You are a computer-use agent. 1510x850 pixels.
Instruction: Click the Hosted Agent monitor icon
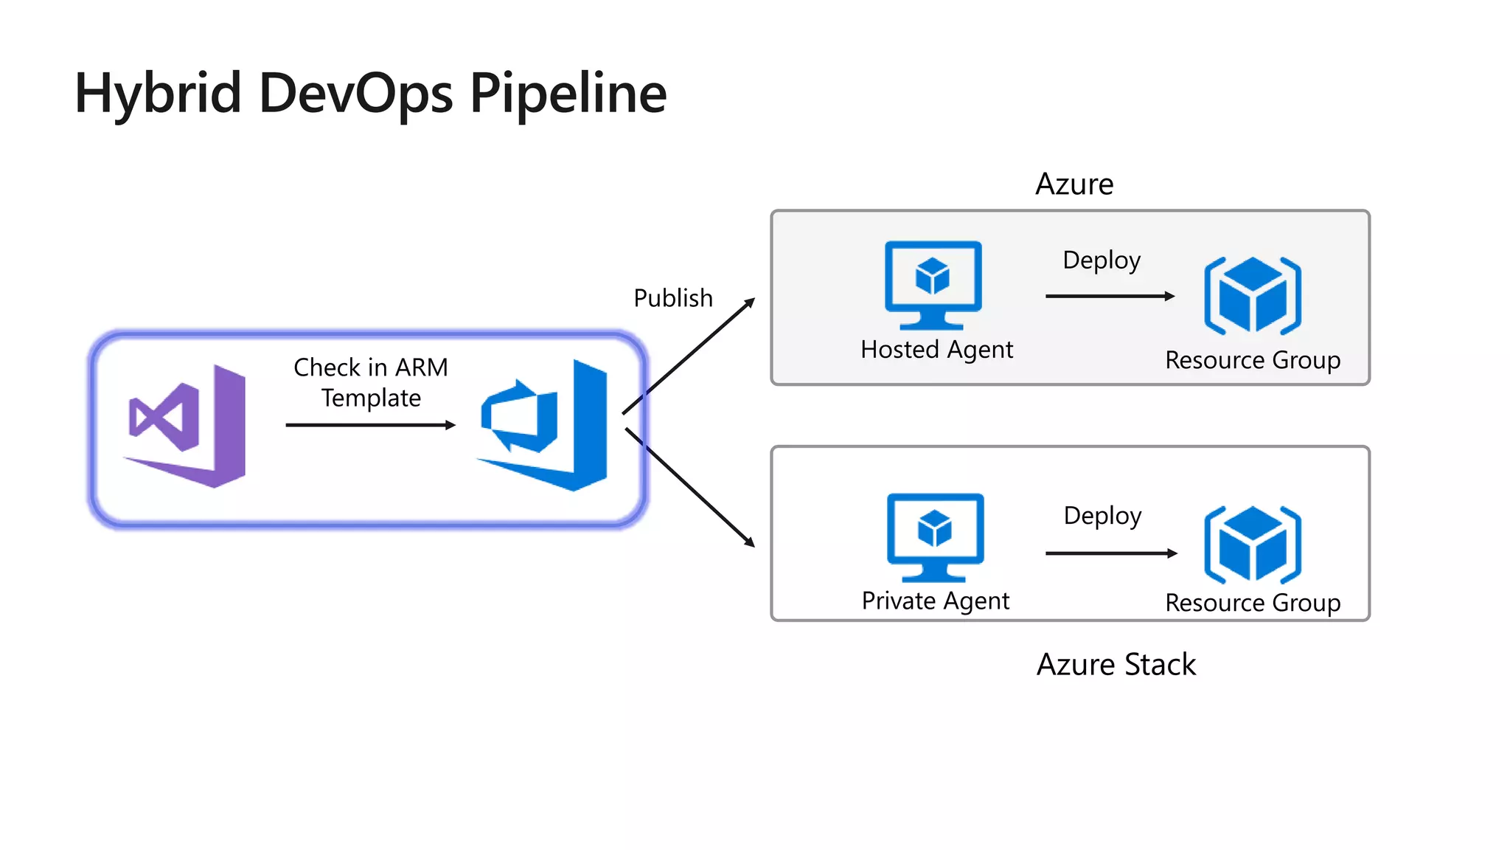933,284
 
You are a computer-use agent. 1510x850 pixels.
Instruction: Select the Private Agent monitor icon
935,536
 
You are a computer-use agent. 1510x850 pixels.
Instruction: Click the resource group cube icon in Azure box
1252,295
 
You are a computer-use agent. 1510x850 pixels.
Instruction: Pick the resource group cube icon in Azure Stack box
1252,545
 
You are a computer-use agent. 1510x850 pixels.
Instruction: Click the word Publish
672,298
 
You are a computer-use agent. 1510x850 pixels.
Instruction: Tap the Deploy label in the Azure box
1101,260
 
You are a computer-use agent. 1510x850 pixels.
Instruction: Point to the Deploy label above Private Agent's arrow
1102,516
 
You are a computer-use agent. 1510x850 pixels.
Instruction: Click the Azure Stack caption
1116,664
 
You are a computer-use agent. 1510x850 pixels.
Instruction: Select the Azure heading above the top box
1074,184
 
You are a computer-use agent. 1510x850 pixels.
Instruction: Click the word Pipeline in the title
568,94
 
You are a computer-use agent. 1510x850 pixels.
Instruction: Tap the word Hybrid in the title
158,94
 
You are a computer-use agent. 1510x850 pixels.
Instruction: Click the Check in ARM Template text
371,382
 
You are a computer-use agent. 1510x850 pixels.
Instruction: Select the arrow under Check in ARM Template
370,425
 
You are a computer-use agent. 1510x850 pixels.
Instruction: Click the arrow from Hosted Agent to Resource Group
1109,296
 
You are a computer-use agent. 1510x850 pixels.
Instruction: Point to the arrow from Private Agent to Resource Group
1110,553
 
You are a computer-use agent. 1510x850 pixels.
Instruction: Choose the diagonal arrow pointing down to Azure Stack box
689,487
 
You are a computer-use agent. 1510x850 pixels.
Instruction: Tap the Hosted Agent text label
936,350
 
